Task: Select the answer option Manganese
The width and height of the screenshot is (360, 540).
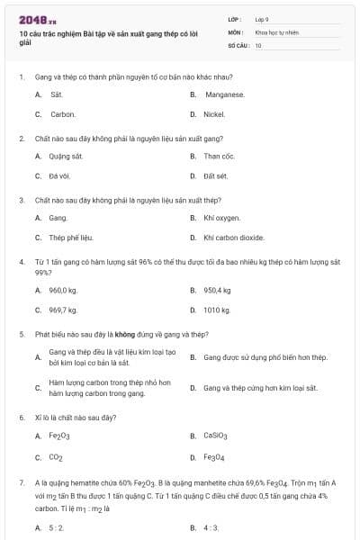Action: coord(224,94)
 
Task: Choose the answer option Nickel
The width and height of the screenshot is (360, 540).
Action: coord(214,114)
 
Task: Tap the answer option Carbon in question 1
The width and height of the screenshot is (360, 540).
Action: coord(62,114)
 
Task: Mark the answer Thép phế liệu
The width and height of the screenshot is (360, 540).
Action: coord(71,238)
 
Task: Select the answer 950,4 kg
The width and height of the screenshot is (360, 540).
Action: coord(218,290)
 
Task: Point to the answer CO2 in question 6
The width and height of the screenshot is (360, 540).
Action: coord(56,457)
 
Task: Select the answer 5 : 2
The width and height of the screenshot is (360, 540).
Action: coord(56,527)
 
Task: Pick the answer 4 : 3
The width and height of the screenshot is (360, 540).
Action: coord(211,527)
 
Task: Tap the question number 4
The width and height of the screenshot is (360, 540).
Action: coord(21,261)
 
